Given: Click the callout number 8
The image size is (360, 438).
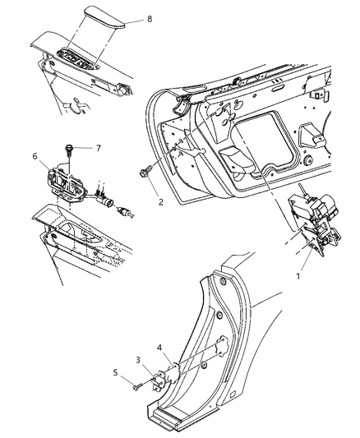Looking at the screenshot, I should [149, 18].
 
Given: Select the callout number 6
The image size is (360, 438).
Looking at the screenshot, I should [35, 154].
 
